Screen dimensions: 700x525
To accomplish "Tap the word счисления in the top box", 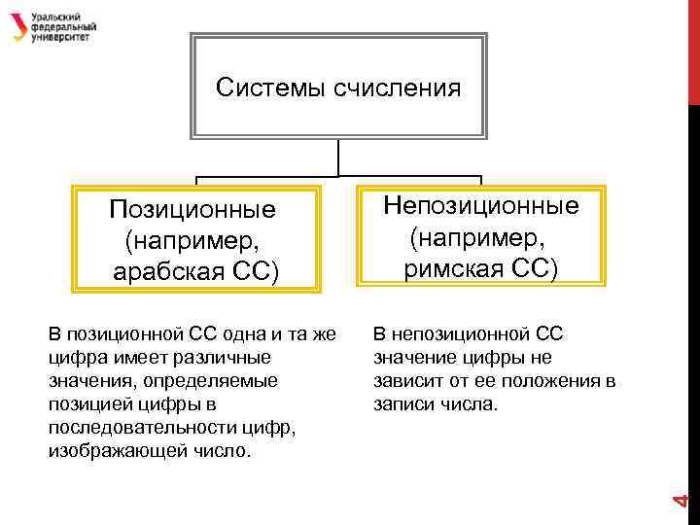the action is (x=396, y=88).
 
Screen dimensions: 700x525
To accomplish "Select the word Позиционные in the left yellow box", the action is (x=192, y=209).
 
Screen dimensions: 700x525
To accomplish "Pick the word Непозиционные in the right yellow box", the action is (x=480, y=205).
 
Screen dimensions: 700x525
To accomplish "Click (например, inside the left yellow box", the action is (x=192, y=240).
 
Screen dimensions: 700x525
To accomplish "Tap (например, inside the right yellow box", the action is (x=480, y=236).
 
